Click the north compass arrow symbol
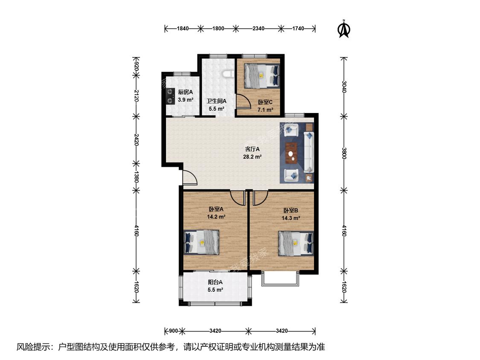[x=344, y=29]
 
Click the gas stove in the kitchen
[x=170, y=96]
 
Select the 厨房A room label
[x=186, y=92]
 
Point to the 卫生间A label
[x=216, y=101]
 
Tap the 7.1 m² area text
[x=265, y=110]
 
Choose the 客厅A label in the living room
[x=252, y=149]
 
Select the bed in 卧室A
[x=201, y=242]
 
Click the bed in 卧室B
[x=296, y=244]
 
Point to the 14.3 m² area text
[x=291, y=218]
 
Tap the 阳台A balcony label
[x=215, y=282]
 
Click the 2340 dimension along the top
[x=259, y=29]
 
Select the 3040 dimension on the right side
[x=344, y=87]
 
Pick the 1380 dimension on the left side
[x=137, y=177]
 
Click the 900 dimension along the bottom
[x=174, y=331]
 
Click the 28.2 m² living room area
[x=252, y=157]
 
